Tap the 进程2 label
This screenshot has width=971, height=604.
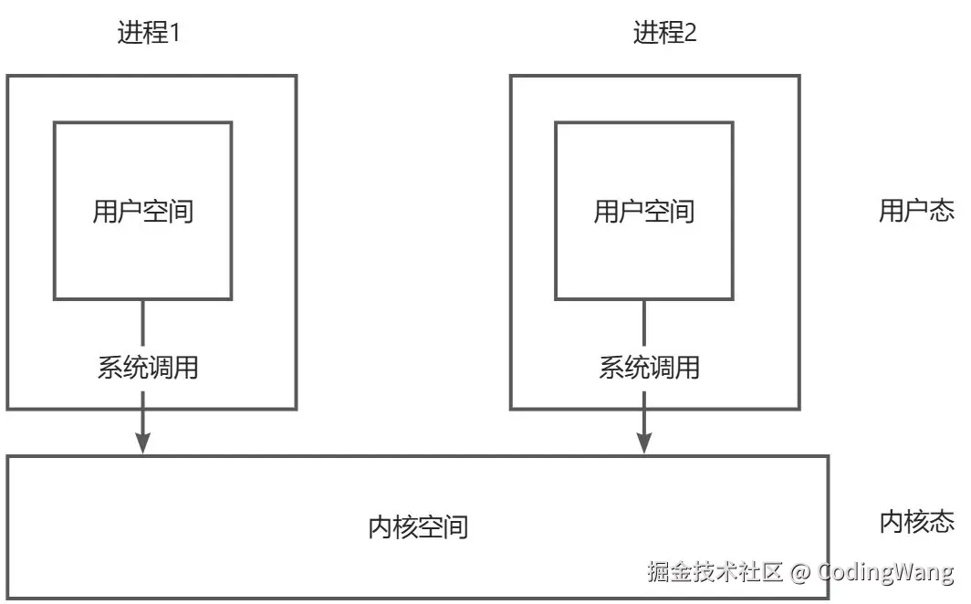click(664, 34)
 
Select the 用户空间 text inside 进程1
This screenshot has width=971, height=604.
click(143, 212)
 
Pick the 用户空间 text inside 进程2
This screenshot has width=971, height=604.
click(644, 212)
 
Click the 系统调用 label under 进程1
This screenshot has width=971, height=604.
click(147, 368)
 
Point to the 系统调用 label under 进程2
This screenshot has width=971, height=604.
click(649, 368)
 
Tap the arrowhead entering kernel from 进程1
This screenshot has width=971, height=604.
click(143, 442)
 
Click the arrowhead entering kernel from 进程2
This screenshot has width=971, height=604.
click(644, 442)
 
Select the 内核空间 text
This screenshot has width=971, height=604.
click(418, 526)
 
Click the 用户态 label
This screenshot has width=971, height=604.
click(916, 212)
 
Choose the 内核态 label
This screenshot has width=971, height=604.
click(916, 522)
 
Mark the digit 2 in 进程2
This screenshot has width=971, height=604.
click(690, 34)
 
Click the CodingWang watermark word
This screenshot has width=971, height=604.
click(885, 572)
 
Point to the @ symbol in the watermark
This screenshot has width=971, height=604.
click(799, 572)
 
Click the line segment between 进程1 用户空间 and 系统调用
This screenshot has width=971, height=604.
click(143, 324)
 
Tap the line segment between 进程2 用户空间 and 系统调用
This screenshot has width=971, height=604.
click(644, 324)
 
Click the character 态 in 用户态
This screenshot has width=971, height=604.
click(943, 212)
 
